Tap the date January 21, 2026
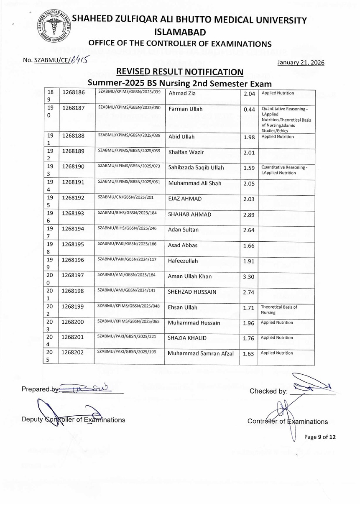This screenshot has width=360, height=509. click(301, 62)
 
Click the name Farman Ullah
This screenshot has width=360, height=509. click(185, 109)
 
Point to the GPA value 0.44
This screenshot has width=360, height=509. click(249, 110)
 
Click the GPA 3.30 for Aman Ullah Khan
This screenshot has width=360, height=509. click(249, 276)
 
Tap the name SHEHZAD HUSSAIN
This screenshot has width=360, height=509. click(192, 292)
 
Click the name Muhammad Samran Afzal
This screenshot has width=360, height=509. click(201, 353)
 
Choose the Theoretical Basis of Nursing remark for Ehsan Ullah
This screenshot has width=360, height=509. click(278, 309)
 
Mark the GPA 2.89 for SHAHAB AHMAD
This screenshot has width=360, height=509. click(249, 215)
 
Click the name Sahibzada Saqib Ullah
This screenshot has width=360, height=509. click(196, 168)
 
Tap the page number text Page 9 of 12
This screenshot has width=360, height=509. click(320, 437)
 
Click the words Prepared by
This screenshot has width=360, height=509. click(36, 389)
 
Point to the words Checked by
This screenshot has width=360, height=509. click(268, 391)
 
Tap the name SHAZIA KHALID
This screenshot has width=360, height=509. click(187, 338)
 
